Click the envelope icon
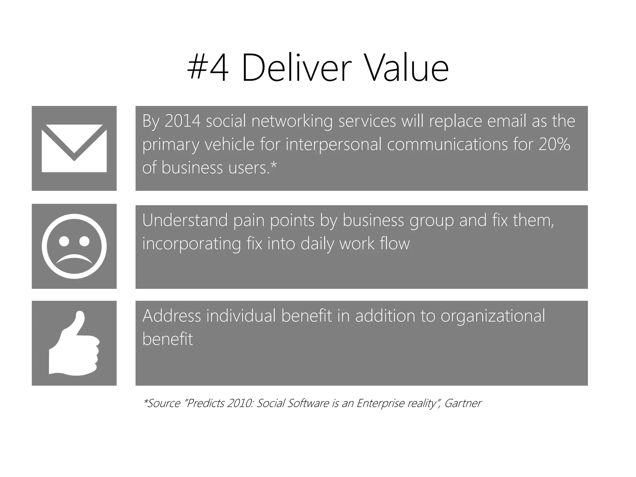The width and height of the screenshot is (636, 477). (74, 148)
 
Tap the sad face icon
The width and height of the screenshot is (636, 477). (74, 246)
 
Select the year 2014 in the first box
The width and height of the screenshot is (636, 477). (183, 121)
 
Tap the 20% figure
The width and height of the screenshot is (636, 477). (554, 144)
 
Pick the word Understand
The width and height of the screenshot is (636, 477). (185, 220)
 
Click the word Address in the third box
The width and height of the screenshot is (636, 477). (172, 316)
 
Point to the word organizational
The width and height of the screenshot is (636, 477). (493, 316)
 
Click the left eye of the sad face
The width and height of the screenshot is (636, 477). (64, 241)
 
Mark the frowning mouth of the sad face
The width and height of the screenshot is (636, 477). (74, 259)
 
